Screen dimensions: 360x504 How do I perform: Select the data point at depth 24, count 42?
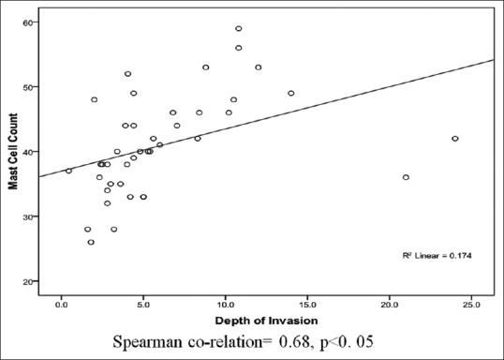(x=455, y=139)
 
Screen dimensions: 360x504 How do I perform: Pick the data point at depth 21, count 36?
(x=406, y=177)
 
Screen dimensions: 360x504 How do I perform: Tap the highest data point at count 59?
(x=238, y=28)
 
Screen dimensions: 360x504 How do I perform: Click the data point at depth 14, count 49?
(x=290, y=93)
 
